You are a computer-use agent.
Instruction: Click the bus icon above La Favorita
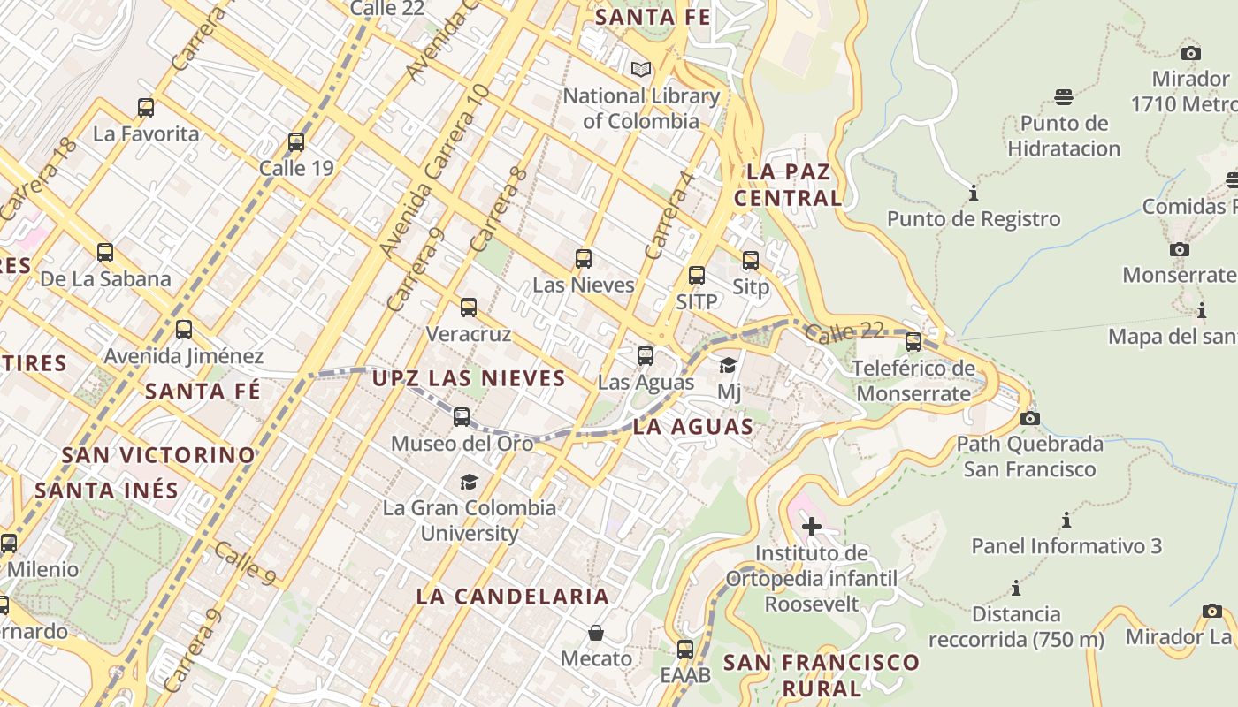point(146,108)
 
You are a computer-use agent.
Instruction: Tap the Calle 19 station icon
point(296,141)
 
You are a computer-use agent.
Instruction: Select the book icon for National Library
point(641,69)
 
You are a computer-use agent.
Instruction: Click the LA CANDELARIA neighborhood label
point(513,597)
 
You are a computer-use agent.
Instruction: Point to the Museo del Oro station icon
point(462,416)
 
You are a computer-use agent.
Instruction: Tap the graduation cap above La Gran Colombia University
point(469,482)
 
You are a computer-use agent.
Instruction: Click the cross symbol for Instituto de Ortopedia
point(811,528)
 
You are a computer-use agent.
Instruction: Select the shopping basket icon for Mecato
point(596,633)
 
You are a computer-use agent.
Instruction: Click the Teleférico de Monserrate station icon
point(913,341)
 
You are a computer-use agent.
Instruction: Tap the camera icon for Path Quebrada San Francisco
point(1029,418)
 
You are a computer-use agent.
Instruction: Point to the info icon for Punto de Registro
point(974,193)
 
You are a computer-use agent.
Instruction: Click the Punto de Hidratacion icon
point(1064,96)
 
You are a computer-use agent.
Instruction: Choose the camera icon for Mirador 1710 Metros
point(1191,53)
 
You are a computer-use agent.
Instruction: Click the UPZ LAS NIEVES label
point(469,378)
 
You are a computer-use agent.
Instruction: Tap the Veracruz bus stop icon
point(469,308)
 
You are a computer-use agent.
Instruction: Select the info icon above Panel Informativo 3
point(1066,520)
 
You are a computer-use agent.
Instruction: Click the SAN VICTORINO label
point(158,455)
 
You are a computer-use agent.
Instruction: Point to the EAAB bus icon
point(685,650)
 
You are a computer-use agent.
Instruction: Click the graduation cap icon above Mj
point(729,365)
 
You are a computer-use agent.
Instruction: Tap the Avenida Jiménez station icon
point(184,330)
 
